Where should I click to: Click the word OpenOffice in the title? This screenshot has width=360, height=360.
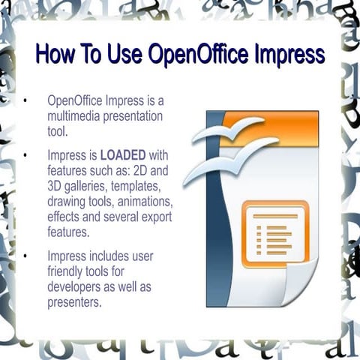189,55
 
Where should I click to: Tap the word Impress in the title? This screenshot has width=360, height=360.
288,55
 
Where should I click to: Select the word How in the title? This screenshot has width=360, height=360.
54,55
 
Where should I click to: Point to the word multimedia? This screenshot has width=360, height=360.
74,117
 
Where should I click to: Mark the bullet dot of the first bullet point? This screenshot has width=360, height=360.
25,100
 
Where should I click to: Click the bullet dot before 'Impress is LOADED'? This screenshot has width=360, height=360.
25,155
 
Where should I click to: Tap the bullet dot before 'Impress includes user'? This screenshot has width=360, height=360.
25,255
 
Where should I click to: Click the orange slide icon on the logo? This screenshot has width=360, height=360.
274,235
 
